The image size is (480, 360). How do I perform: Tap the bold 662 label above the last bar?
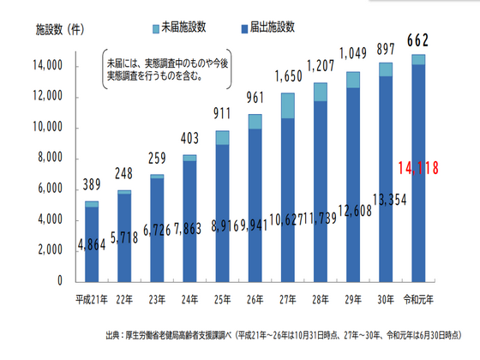pyautogui.click(x=417, y=39)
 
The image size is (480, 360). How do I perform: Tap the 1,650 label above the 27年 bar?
pyautogui.click(x=287, y=78)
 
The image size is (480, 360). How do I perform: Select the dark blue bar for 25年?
pyautogui.click(x=221, y=214)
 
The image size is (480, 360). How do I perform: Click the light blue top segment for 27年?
pyautogui.click(x=287, y=105)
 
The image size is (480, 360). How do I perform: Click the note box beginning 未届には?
pyautogui.click(x=168, y=69)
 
